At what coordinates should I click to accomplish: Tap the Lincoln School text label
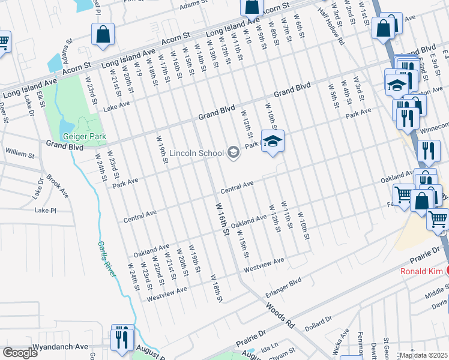(x=197, y=153)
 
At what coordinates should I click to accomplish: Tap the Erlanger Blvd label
(x=283, y=288)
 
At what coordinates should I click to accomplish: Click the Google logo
(x=20, y=353)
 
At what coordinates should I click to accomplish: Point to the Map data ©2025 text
(x=423, y=355)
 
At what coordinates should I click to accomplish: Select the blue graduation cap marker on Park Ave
(x=273, y=142)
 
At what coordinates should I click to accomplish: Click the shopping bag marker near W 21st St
(x=103, y=34)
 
